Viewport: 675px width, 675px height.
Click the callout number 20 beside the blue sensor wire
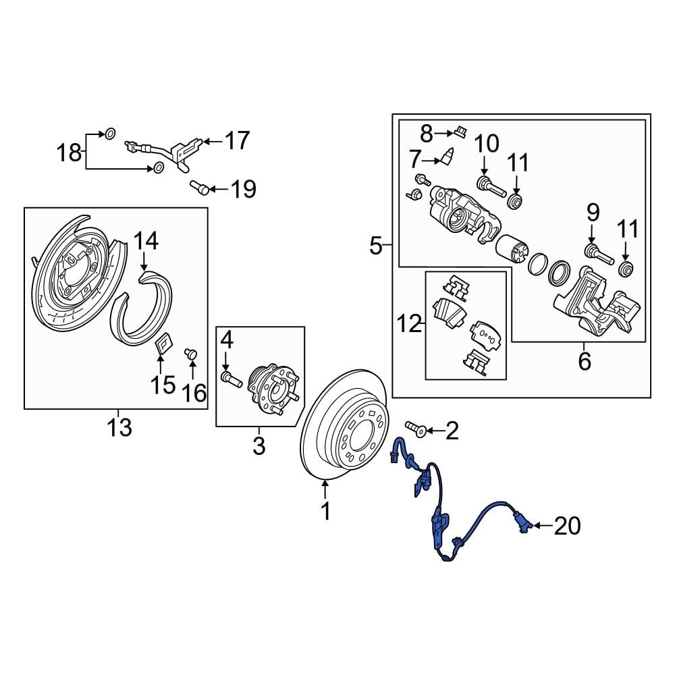point(567,526)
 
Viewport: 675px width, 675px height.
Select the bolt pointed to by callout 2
point(414,428)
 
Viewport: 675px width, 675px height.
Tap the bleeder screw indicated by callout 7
point(446,159)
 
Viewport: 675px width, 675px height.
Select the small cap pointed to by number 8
point(460,130)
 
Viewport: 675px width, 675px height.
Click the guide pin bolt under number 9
point(597,254)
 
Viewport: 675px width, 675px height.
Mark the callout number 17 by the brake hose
point(237,141)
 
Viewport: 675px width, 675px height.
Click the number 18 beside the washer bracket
point(69,153)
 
